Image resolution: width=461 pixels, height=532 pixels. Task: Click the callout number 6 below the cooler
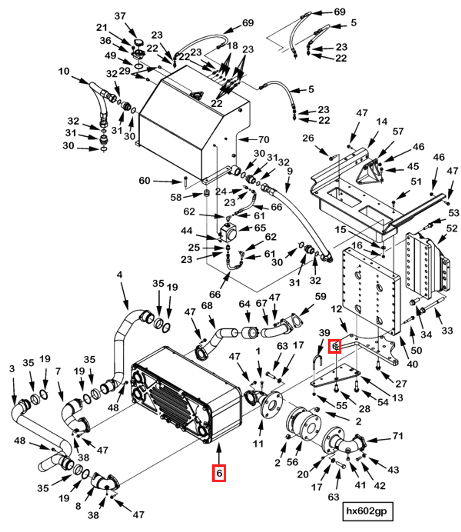[x=219, y=473]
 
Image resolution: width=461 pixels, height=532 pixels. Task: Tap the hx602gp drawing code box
[x=367, y=511]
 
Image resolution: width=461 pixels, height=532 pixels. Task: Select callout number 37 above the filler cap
[x=120, y=16]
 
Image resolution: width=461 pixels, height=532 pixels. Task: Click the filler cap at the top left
[x=138, y=43]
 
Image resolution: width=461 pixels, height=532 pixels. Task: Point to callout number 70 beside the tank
[x=264, y=139]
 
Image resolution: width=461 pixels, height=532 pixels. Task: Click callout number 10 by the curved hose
[x=64, y=71]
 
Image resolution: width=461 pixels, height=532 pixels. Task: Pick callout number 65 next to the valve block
[x=260, y=228]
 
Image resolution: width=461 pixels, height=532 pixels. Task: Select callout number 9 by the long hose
[x=289, y=171]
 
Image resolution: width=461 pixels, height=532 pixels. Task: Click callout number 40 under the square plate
[x=412, y=364]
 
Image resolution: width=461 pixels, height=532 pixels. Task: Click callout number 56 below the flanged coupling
[x=292, y=462]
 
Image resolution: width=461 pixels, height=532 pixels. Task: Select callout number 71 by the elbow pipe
[x=398, y=436]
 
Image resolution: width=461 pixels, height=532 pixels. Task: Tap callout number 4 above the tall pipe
[x=119, y=275]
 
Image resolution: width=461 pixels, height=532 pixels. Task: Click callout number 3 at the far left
[x=12, y=368]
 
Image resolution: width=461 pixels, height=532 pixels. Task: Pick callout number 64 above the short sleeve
[x=244, y=304]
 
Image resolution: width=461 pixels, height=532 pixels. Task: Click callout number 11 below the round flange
[x=258, y=443]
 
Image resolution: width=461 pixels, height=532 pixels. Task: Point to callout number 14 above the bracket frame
[x=382, y=121]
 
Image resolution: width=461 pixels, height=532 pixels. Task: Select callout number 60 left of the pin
[x=144, y=181]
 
